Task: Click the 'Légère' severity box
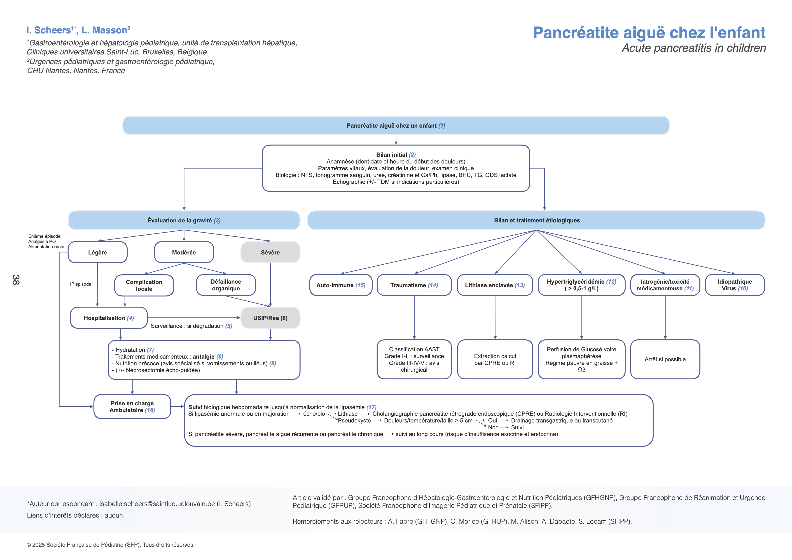point(98,252)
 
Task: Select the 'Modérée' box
point(184,252)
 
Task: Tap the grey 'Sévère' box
point(270,252)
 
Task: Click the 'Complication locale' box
point(144,285)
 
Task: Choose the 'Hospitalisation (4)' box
point(109,318)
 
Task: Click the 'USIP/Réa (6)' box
point(270,318)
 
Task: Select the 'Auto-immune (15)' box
point(341,285)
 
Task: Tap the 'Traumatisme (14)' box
point(414,285)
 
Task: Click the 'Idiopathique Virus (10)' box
point(735,285)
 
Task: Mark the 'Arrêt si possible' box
point(665,359)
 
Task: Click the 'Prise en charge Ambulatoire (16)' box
point(132,406)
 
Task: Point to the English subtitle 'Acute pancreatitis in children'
point(694,48)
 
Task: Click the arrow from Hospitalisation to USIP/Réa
point(193,317)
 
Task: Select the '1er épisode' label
point(80,284)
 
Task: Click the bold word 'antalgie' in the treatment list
point(203,357)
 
